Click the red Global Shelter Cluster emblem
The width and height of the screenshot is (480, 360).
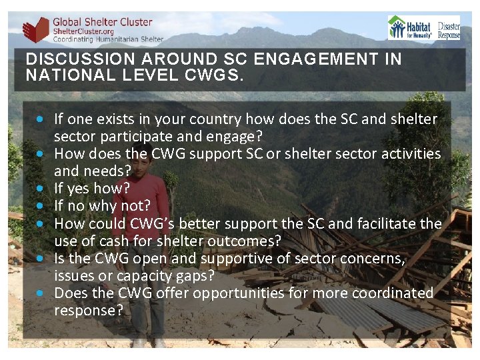click(x=35, y=30)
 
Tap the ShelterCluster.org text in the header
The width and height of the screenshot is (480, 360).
click(x=83, y=31)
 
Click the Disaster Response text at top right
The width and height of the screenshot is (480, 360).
click(x=449, y=28)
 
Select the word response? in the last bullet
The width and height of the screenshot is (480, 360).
click(x=89, y=310)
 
